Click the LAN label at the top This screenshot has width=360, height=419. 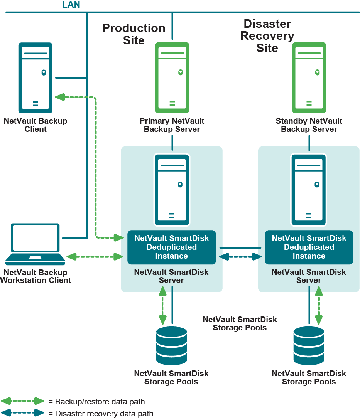tap(71, 5)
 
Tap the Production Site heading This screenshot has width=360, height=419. tap(134, 34)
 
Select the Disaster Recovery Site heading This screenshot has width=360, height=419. tap(267, 36)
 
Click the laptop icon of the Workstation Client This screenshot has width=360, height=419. tap(35, 243)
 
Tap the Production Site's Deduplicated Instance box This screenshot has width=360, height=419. tap(172, 247)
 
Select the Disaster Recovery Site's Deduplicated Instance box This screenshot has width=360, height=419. tap(309, 247)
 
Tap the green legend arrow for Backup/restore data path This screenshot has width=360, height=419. tap(23, 401)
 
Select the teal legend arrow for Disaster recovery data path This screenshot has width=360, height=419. tap(23, 413)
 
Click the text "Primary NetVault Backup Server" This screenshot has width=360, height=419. tap(172, 125)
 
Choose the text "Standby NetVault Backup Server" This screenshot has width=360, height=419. tap(309, 125)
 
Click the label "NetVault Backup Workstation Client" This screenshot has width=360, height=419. tap(35, 276)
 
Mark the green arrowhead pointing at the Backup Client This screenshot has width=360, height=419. tap(60, 97)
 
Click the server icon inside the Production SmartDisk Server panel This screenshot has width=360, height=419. tap(172, 189)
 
